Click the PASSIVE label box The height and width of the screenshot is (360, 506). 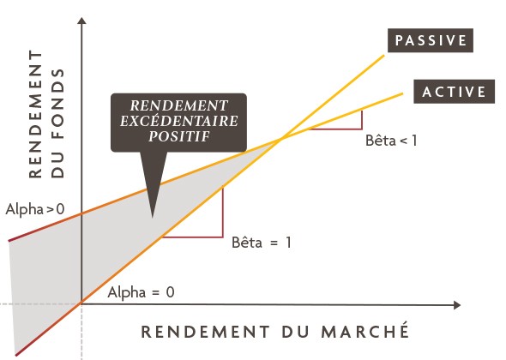(x=431, y=40)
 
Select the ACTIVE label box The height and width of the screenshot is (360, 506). (x=454, y=92)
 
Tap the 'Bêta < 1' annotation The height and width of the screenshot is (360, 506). (x=391, y=141)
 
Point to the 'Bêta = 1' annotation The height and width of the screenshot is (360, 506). (x=262, y=243)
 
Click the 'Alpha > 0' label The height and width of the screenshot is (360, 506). (x=35, y=210)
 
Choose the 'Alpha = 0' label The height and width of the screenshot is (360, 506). (x=141, y=293)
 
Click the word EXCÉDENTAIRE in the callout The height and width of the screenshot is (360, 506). (x=179, y=121)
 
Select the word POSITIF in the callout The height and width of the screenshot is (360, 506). (x=179, y=136)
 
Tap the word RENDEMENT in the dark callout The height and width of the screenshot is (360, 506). (x=179, y=105)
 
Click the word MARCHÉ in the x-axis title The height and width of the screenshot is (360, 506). (x=365, y=332)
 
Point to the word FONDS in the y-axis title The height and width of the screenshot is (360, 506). (x=57, y=123)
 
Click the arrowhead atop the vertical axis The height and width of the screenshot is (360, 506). (x=82, y=21)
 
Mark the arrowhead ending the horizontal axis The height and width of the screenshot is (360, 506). (x=457, y=305)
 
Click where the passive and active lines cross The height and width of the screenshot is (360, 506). (x=281, y=139)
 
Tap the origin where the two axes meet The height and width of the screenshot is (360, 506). (x=81, y=303)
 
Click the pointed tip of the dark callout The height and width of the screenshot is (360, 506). (x=153, y=217)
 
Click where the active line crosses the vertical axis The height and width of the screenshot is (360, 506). (x=81, y=213)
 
